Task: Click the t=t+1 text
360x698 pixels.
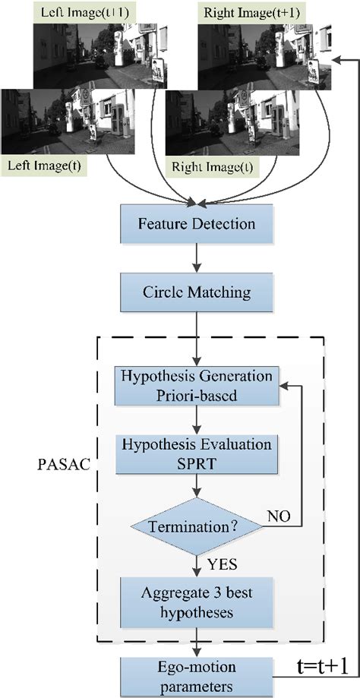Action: tap(323, 665)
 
